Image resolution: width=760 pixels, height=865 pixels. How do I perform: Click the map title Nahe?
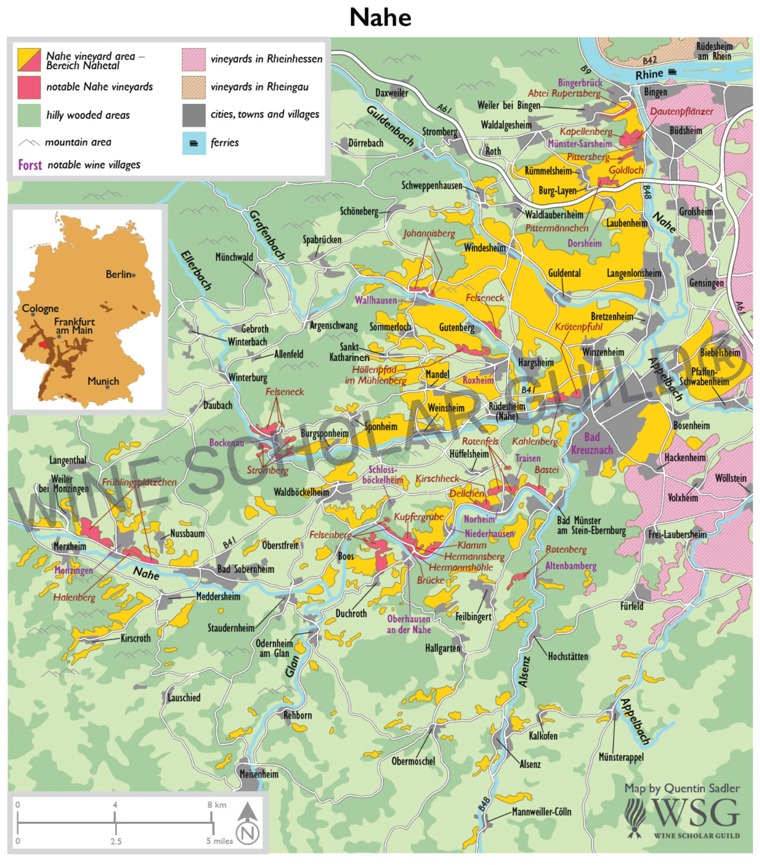(x=380, y=17)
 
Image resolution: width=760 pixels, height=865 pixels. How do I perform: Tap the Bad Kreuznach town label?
(x=592, y=443)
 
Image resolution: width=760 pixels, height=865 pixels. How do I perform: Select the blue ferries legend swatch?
(x=194, y=143)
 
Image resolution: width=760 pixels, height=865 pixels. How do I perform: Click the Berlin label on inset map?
(x=118, y=274)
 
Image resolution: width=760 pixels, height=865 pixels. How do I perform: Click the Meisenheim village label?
(x=259, y=774)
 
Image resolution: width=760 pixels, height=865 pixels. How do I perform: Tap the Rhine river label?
(x=649, y=74)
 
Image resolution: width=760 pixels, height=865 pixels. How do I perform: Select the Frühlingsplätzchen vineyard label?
(x=139, y=482)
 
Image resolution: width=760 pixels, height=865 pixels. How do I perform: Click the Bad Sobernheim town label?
(x=245, y=569)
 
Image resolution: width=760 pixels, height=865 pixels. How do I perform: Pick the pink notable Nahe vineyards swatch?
(x=29, y=88)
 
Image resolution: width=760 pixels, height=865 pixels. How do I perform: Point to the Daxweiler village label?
(x=391, y=93)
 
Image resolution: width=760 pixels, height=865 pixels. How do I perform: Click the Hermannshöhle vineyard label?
(x=461, y=567)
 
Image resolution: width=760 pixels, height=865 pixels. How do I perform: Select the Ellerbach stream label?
(x=196, y=270)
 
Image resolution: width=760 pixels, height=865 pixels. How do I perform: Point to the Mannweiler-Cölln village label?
(x=541, y=811)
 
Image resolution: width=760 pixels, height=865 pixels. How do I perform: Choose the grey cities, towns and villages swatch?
(x=194, y=115)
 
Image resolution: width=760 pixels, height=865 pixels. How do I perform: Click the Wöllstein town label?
(x=730, y=478)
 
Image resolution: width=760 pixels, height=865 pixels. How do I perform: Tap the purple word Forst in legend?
(x=30, y=165)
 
